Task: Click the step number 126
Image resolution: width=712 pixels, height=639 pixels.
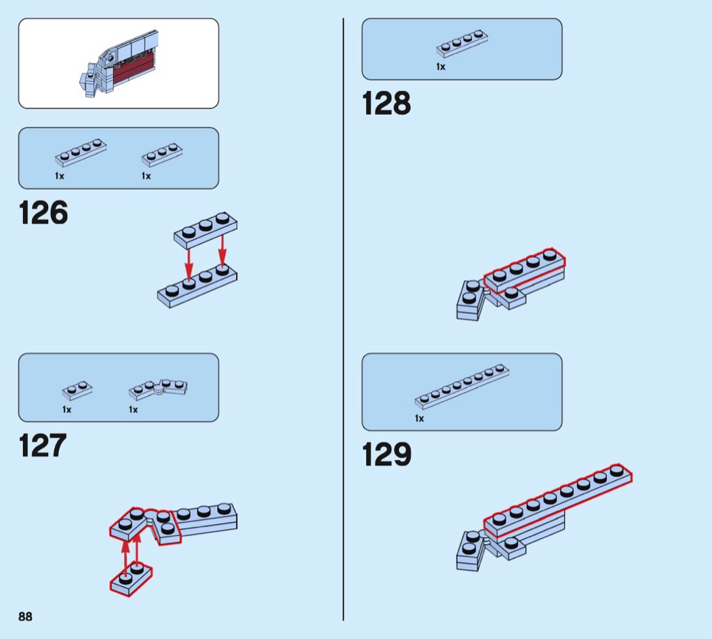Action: coord(43,212)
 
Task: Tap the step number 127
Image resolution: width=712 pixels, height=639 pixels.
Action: coord(43,445)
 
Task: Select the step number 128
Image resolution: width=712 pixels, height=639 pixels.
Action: coord(387,103)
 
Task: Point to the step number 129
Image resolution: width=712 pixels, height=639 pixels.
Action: coord(387,454)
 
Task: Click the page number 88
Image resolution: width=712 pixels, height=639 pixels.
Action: coord(26,617)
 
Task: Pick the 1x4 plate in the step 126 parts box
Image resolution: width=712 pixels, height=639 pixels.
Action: coord(81,153)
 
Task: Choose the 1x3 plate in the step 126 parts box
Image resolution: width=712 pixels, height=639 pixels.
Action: coord(162,155)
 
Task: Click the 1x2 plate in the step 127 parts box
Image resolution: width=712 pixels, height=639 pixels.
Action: coord(77,390)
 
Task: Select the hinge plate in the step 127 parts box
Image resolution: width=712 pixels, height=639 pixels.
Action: coord(158,389)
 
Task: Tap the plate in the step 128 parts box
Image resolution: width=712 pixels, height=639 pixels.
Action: coord(462,43)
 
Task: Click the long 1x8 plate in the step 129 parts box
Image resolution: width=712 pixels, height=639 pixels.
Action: coord(462,387)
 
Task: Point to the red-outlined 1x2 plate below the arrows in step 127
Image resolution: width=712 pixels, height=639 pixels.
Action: coord(132,579)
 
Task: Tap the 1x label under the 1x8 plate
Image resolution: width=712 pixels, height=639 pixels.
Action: coord(419,419)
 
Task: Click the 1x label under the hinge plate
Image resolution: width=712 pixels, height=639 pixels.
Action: coord(133,410)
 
